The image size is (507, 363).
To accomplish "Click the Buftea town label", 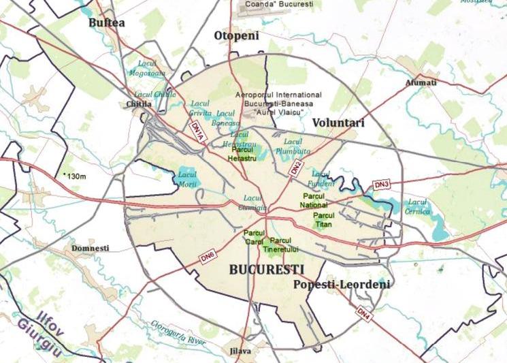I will [107, 23].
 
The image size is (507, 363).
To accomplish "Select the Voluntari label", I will [338, 123].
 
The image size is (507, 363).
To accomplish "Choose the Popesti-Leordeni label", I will [342, 285].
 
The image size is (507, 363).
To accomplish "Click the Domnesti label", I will [90, 248].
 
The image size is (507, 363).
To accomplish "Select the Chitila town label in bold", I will [139, 104].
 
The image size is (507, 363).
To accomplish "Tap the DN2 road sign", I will [295, 168].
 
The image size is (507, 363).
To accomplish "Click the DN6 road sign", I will [208, 258].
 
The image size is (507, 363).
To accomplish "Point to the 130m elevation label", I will [76, 176].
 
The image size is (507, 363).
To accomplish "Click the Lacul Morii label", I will [187, 180].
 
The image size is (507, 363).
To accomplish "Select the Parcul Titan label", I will [323, 219].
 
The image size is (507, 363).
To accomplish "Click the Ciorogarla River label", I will [178, 323].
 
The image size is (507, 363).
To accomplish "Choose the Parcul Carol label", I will [253, 237].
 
